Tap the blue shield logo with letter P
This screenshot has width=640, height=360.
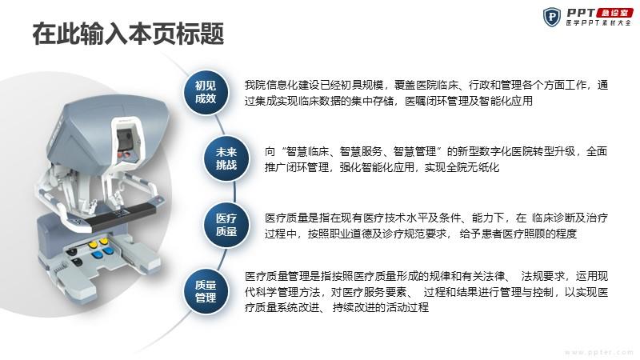[552, 17]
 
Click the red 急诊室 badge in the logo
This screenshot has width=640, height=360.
[614, 13]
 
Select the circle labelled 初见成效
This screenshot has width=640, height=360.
[206, 92]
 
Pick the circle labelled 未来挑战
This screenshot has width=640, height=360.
[226, 158]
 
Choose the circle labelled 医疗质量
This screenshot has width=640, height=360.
[226, 225]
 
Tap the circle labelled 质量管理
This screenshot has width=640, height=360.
[206, 291]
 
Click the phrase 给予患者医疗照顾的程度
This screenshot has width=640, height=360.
[518, 234]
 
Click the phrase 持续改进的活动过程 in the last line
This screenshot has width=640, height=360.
[381, 308]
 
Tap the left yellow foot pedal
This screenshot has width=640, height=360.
[93, 245]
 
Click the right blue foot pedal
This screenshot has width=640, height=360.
[108, 251]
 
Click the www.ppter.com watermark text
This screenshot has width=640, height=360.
[599, 352]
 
